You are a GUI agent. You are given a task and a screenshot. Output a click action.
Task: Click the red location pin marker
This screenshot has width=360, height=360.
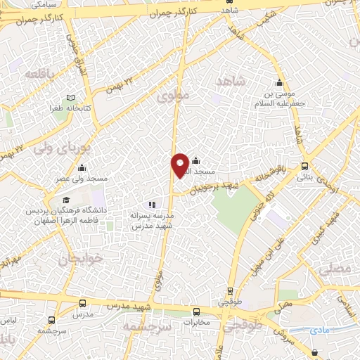180,165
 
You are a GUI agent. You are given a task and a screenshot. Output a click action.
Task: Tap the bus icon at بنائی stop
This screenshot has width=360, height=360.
304,167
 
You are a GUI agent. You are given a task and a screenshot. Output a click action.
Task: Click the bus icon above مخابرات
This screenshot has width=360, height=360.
196,311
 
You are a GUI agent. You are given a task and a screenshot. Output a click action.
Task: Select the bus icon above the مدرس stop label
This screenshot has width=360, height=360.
83,303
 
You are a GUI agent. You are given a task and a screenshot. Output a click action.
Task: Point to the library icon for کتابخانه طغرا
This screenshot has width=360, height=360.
70,98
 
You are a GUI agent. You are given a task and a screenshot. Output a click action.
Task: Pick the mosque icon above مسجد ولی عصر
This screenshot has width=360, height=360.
82,167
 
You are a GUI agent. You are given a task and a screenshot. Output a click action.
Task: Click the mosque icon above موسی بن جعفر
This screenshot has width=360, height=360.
279,82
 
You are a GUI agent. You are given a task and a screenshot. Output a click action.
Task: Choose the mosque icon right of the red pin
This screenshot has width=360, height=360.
195,161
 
